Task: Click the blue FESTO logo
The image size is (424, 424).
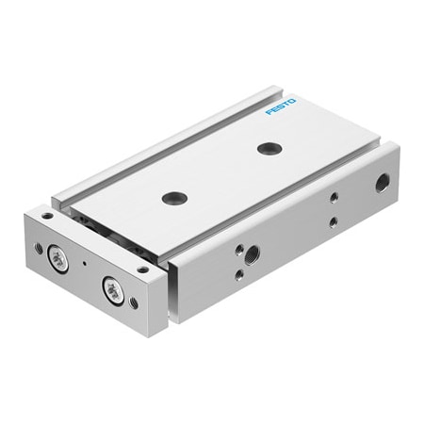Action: pos(281,106)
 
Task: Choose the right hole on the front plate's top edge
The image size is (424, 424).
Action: pos(142,269)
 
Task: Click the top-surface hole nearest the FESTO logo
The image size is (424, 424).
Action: pos(268,148)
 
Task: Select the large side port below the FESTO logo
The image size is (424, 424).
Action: pos(382,182)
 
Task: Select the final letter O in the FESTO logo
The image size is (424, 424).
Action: pos(292,99)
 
